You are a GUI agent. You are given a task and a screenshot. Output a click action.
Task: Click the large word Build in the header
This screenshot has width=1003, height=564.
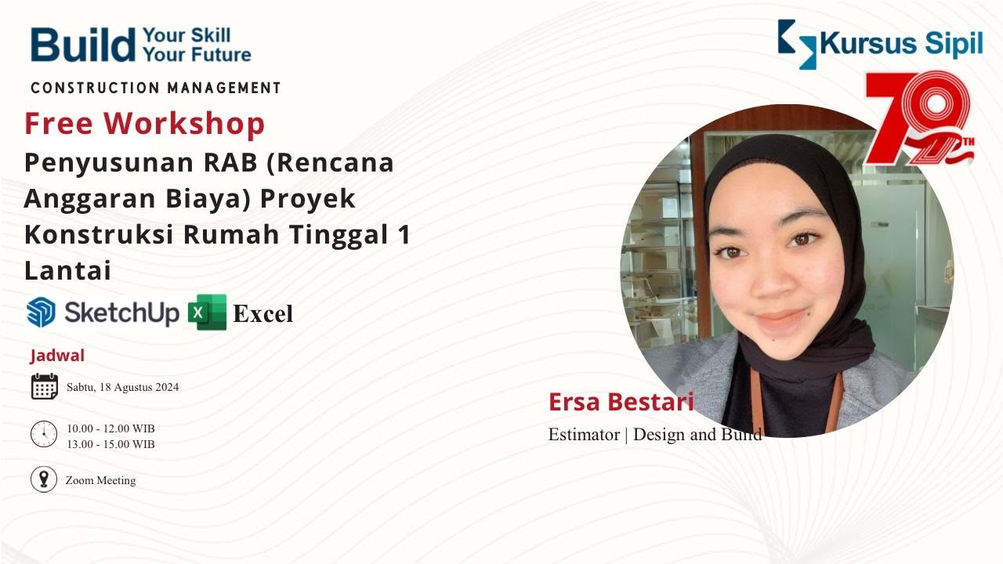82,45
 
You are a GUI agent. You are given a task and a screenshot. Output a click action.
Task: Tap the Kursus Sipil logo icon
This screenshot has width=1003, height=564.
797,44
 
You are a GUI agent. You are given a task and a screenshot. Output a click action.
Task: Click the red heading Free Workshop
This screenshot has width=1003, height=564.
145,124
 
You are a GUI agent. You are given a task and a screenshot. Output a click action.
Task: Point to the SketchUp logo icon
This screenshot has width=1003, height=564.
41,313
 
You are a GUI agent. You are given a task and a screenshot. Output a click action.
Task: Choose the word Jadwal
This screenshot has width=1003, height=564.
57,356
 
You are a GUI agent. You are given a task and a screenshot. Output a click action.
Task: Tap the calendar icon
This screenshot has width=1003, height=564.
44,387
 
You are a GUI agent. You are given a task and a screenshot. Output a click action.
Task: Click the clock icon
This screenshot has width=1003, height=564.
44,434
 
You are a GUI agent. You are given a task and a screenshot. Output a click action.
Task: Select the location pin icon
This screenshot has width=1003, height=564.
44,479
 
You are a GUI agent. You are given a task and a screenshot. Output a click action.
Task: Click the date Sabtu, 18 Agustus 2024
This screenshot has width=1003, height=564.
122,387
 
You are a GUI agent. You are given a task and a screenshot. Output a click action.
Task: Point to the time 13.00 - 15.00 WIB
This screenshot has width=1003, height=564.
110,444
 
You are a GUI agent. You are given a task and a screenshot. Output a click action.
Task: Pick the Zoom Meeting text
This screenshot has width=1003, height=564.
100,480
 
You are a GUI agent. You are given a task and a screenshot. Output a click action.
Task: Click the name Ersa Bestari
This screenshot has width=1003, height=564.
621,402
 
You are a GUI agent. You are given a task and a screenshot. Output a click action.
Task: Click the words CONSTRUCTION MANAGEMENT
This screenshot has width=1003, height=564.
155,88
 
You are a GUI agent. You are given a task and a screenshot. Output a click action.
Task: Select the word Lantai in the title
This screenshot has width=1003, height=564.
67,270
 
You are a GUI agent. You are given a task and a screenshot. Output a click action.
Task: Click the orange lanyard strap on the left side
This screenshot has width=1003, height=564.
755,399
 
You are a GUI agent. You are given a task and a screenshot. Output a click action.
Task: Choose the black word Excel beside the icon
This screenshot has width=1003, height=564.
263,314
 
